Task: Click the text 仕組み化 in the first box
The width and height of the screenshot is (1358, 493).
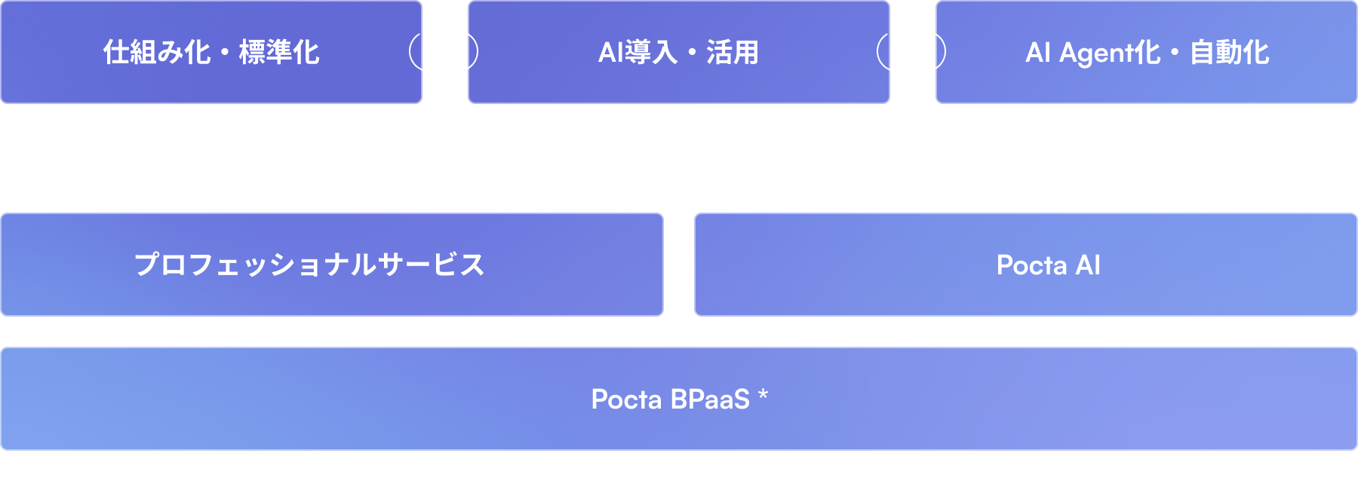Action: [x=157, y=53]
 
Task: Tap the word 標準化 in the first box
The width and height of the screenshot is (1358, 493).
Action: [x=279, y=53]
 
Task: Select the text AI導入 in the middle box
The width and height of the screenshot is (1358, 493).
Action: [x=638, y=53]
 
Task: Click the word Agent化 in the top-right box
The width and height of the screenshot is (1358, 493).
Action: [x=1110, y=53]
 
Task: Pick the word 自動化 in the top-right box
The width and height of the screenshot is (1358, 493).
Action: [x=1229, y=53]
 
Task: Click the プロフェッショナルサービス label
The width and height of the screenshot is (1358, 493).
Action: [x=309, y=265]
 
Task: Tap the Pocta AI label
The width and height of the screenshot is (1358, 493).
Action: [x=1048, y=265]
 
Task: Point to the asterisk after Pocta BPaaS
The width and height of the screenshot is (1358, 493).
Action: [x=763, y=394]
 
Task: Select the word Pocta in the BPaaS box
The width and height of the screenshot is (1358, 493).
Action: [x=626, y=400]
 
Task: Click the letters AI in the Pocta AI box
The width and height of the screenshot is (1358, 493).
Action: [x=1088, y=265]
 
